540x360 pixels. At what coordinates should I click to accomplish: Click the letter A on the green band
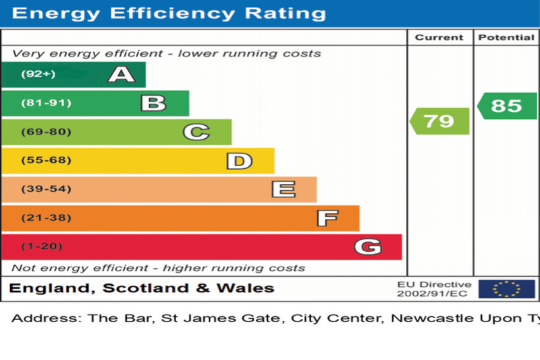click(x=121, y=74)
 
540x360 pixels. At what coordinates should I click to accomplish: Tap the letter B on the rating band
click(x=153, y=103)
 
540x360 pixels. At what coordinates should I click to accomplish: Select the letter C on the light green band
click(x=196, y=132)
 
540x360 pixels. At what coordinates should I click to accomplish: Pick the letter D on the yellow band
click(x=239, y=161)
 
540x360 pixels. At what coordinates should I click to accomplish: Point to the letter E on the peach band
click(x=283, y=190)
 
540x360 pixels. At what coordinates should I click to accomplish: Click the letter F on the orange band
click(x=327, y=218)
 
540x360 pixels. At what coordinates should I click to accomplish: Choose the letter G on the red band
click(x=367, y=247)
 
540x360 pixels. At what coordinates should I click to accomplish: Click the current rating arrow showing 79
click(x=439, y=121)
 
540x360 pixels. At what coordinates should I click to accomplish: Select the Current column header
click(x=439, y=38)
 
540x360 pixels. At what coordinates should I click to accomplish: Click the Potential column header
click(x=506, y=38)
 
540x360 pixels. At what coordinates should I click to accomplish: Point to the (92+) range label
click(x=38, y=74)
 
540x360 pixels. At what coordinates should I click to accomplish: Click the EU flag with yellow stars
click(x=506, y=289)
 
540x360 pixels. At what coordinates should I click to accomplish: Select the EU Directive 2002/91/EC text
click(x=434, y=289)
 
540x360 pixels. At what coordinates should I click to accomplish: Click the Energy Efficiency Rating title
click(x=169, y=13)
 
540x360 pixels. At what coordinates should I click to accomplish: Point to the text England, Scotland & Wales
click(x=142, y=288)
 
